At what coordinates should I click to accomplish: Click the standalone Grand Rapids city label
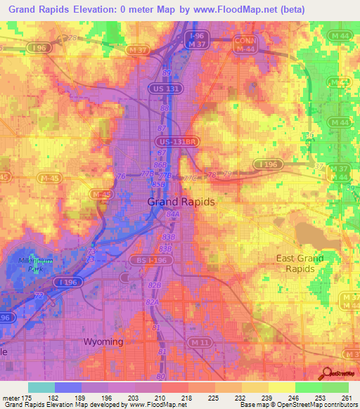181,202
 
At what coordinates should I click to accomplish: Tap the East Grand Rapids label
300,264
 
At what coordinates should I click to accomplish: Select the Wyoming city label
103,342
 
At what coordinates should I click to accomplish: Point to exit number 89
166,72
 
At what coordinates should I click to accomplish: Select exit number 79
226,173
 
